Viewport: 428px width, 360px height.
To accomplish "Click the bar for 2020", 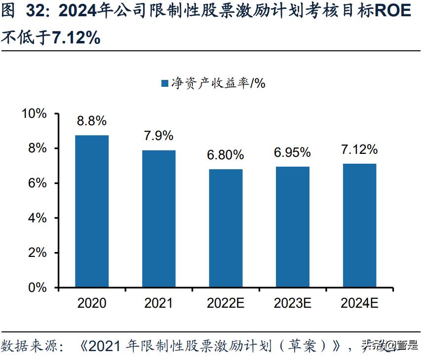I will (92, 211).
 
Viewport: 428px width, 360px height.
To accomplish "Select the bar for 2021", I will (159, 218).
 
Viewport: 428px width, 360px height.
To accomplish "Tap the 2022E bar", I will (226, 228).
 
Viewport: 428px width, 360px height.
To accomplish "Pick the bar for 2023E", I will (293, 227).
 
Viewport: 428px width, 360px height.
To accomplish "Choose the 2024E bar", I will (359, 225).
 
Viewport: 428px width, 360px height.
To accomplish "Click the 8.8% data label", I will (92, 121).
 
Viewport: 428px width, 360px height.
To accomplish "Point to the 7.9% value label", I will (159, 136).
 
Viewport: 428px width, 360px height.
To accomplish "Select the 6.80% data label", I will (226, 155).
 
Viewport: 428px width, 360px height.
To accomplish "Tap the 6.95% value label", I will (293, 152).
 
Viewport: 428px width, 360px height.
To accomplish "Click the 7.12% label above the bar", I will (359, 149).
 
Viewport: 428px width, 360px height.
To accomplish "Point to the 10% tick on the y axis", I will (35, 114).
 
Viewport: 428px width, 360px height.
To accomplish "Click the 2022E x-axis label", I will (226, 303).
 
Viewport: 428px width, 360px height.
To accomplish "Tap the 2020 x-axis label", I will (92, 303).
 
